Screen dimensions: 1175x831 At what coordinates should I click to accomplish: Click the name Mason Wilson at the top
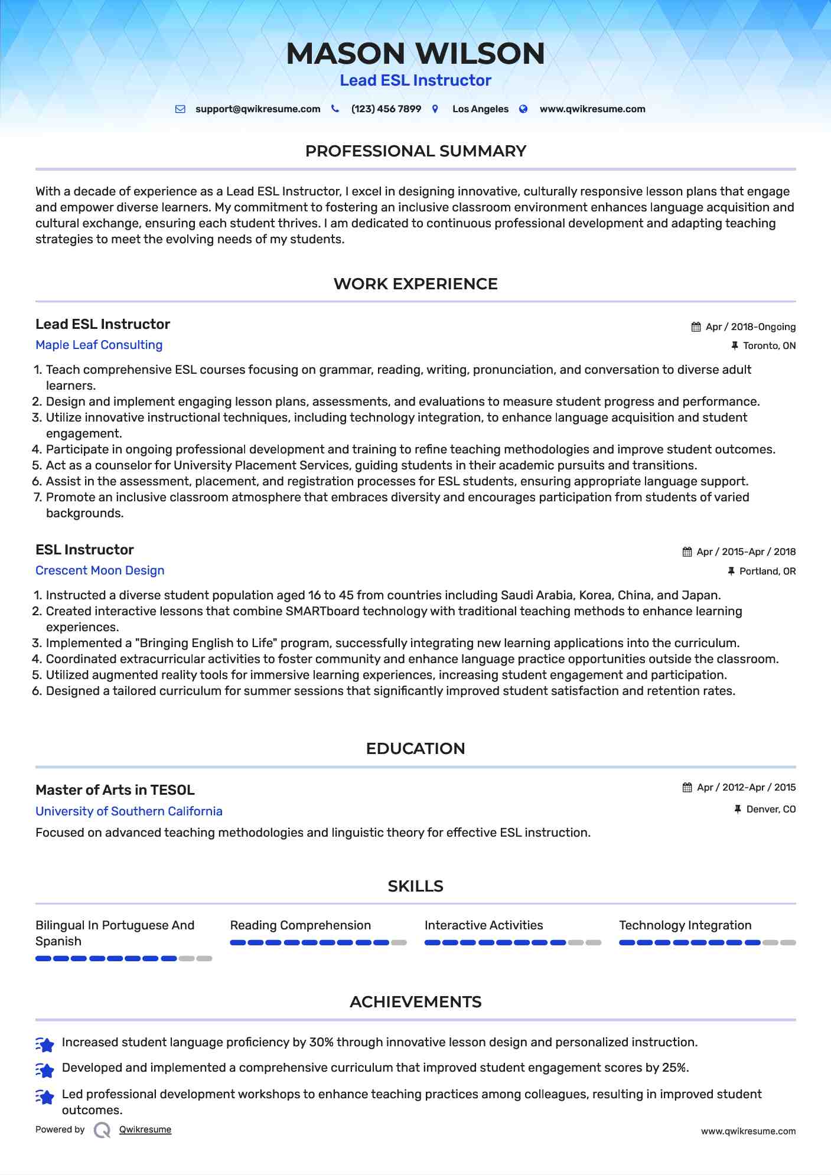[x=415, y=53]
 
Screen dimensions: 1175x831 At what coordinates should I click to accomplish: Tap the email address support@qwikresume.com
[x=258, y=109]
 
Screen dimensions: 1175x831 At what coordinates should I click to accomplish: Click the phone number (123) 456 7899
[x=386, y=109]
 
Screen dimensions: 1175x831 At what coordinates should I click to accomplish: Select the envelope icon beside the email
[x=181, y=109]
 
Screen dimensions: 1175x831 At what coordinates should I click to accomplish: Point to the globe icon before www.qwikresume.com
[x=523, y=109]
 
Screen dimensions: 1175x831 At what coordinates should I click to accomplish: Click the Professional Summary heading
[x=415, y=151]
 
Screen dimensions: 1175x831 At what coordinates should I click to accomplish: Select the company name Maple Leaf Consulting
[x=99, y=345]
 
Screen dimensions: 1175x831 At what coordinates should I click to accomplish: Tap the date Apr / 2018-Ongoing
[x=750, y=327]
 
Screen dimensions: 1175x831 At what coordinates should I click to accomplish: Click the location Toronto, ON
[x=769, y=346]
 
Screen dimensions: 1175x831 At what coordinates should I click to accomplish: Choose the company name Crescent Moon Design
[x=100, y=570]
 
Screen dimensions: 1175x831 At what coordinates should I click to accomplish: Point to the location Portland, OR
[x=767, y=572]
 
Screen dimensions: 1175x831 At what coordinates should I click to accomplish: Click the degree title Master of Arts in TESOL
[x=115, y=790]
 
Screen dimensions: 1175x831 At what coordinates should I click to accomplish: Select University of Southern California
[x=129, y=811]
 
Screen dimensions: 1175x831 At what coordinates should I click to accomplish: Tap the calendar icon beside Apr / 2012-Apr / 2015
[x=687, y=788]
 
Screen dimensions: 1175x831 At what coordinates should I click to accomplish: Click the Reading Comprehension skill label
[x=300, y=925]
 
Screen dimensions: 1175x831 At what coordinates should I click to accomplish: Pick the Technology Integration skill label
[x=685, y=925]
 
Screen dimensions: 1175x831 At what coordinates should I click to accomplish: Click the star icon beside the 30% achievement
[x=45, y=1044]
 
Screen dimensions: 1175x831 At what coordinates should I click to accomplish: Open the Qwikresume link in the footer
[x=145, y=1130]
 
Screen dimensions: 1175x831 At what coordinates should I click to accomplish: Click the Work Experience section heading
[x=415, y=284]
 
